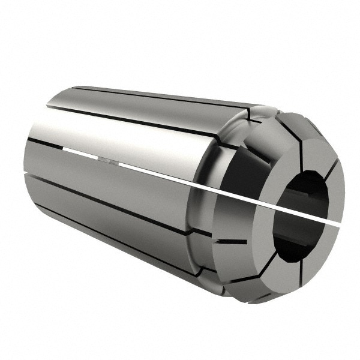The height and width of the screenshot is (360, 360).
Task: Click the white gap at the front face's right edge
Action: pyautogui.click(x=336, y=223)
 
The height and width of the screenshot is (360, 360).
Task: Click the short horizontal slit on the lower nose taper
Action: pyautogui.click(x=231, y=242)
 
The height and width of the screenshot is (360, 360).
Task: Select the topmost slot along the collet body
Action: pyautogui.click(x=162, y=96)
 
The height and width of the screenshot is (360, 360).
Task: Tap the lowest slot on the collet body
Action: pyautogui.click(x=120, y=240)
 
